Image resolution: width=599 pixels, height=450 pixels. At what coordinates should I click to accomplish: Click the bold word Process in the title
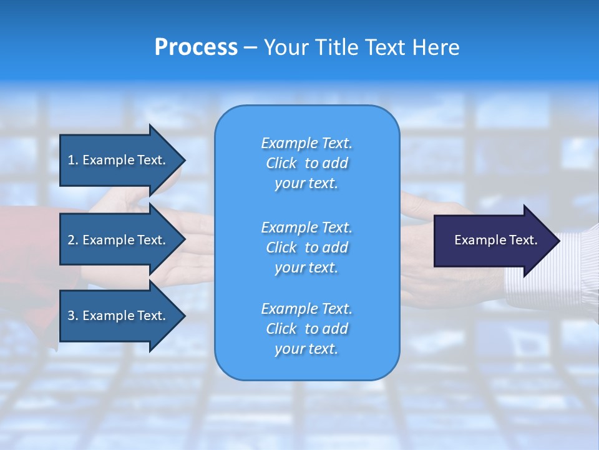(x=196, y=47)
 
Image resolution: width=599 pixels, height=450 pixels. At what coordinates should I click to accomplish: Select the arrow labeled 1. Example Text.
(x=119, y=160)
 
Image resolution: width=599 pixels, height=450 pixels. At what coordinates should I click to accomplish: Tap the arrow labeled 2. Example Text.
(x=119, y=240)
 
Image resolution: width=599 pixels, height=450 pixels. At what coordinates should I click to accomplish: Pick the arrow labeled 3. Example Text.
(x=119, y=316)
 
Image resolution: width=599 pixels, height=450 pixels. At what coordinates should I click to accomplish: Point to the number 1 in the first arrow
(x=71, y=160)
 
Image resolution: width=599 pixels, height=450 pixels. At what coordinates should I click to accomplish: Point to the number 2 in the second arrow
(x=71, y=240)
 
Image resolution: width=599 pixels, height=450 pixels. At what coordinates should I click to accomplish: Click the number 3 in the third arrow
(x=71, y=316)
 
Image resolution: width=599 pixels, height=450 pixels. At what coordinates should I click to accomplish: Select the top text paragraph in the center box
(x=306, y=163)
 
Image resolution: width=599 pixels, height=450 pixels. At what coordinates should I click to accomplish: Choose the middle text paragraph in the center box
(x=306, y=247)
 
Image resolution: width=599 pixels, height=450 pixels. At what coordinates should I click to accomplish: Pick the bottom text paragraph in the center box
(x=306, y=329)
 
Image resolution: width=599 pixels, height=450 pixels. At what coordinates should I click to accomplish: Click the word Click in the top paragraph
(x=281, y=163)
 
